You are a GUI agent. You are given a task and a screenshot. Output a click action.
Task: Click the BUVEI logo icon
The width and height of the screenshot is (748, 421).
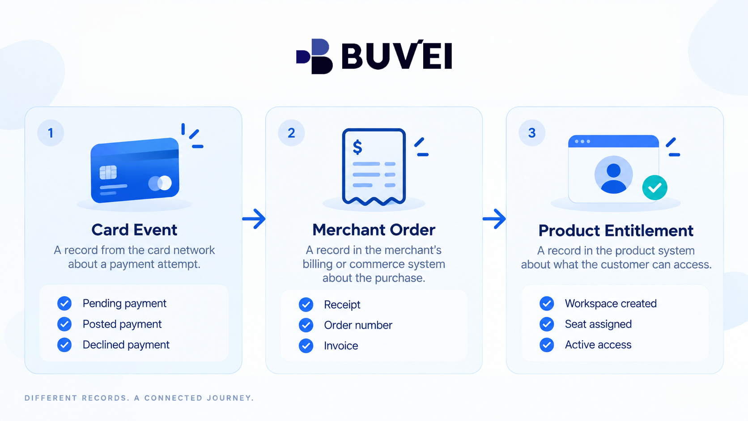click(x=314, y=56)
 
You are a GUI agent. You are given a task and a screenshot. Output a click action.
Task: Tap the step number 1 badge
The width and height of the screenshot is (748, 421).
click(x=51, y=133)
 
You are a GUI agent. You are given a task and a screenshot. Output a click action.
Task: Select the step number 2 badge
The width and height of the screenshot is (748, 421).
click(x=291, y=133)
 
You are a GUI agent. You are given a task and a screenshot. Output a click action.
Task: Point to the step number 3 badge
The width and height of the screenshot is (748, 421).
click(x=532, y=133)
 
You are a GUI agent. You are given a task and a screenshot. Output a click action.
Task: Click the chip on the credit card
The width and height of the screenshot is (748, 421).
click(x=108, y=172)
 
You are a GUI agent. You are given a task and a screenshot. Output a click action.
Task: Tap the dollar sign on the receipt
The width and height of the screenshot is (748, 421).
click(x=357, y=147)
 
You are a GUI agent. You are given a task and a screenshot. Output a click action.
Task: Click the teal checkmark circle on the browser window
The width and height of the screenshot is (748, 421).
click(x=654, y=187)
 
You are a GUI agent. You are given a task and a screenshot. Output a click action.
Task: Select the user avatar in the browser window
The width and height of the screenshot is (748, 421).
click(x=613, y=174)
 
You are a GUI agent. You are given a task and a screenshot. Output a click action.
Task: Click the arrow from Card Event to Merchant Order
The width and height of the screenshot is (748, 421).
click(x=254, y=219)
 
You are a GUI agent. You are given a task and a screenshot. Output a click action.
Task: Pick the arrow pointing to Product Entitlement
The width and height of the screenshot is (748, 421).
click(x=494, y=219)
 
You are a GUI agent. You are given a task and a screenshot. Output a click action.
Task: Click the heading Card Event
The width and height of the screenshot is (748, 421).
click(x=134, y=230)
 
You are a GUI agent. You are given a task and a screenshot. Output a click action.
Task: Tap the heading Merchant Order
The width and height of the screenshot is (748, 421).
click(x=374, y=230)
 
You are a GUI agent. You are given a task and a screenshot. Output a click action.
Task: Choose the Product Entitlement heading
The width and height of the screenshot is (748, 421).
click(x=616, y=231)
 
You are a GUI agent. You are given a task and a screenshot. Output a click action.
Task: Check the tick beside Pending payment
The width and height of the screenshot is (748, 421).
click(x=64, y=303)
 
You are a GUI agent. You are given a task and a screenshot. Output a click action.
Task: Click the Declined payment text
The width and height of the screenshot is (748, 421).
click(x=126, y=344)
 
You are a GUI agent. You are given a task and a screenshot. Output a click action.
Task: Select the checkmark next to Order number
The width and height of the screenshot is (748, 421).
click(x=306, y=325)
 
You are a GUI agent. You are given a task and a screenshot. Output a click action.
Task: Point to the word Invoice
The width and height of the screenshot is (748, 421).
click(x=341, y=346)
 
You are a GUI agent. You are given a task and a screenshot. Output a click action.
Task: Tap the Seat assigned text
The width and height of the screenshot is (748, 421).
click(x=598, y=324)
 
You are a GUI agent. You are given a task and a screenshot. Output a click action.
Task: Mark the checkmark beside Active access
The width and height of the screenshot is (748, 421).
click(x=547, y=345)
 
